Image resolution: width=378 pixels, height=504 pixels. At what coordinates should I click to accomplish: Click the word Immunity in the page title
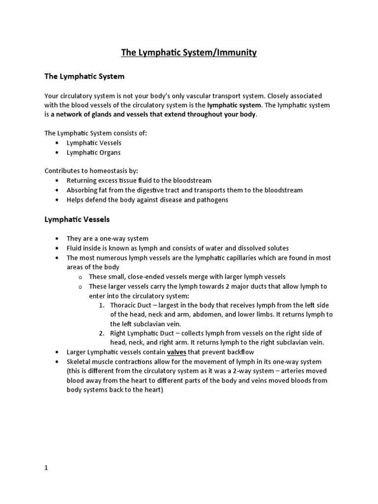coord(234,53)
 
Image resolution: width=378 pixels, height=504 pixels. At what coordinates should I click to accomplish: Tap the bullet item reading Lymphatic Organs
coord(94,153)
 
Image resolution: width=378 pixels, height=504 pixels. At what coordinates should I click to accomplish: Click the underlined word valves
coord(177,352)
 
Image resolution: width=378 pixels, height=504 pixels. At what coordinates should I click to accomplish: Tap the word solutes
coord(277,248)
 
